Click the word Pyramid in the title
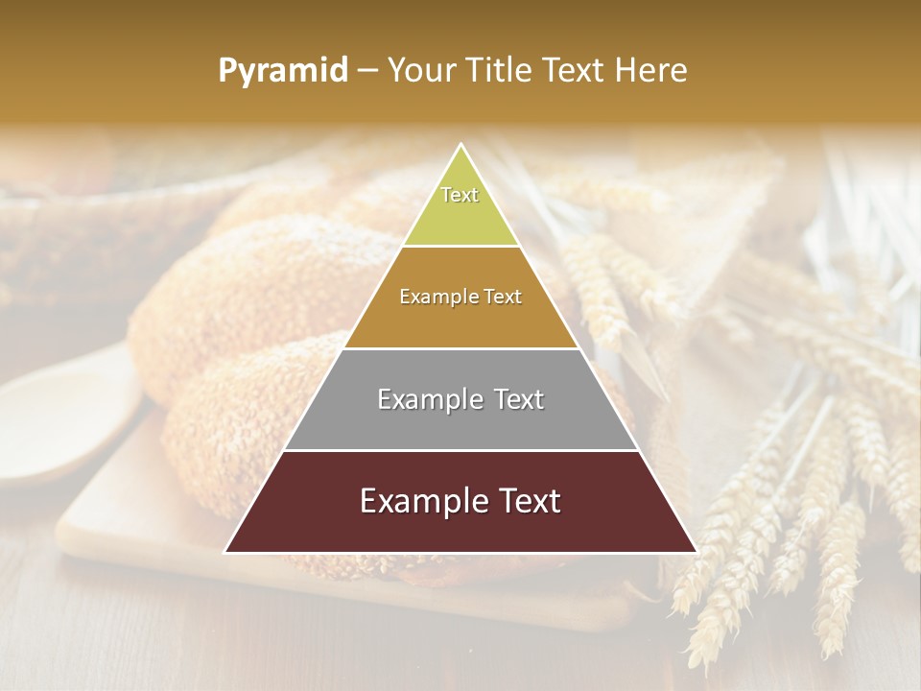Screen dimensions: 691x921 (x=283, y=70)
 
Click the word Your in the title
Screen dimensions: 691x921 (x=423, y=70)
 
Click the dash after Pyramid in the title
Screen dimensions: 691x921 (x=367, y=71)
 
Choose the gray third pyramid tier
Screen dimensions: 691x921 (x=460, y=422)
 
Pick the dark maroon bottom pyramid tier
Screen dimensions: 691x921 (x=460, y=523)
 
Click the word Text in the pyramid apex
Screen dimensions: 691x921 (x=460, y=195)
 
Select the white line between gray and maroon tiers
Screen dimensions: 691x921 (x=460, y=450)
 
